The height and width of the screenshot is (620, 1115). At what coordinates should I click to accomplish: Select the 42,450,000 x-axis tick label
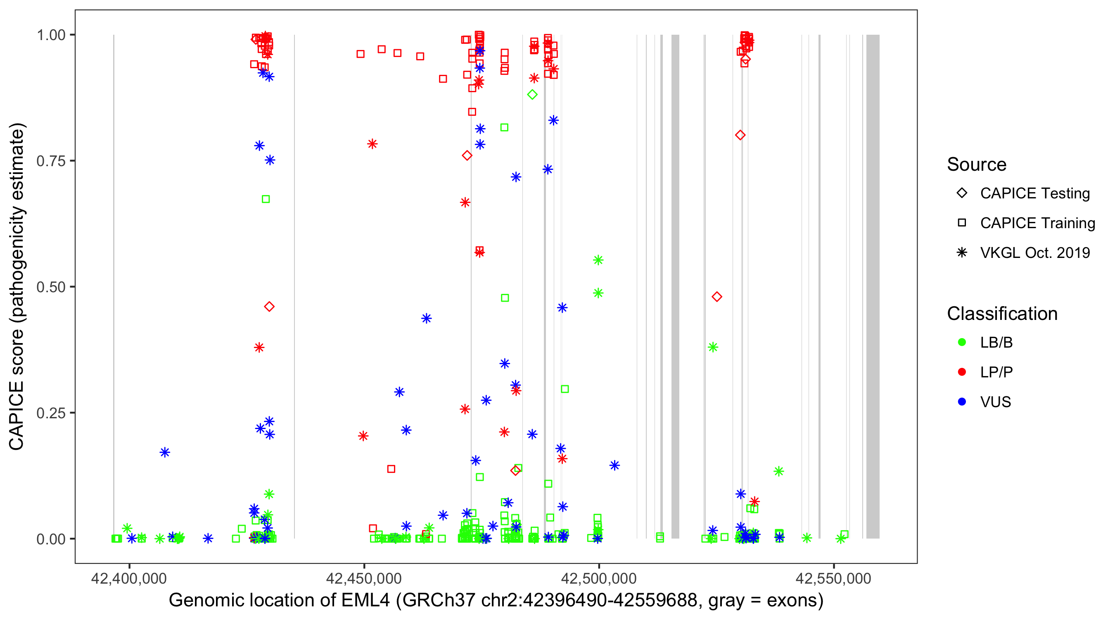pyautogui.click(x=363, y=578)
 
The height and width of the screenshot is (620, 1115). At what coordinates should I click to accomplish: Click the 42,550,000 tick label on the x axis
pyautogui.click(x=833, y=578)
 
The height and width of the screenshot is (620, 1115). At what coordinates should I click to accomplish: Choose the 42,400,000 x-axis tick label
pyautogui.click(x=129, y=578)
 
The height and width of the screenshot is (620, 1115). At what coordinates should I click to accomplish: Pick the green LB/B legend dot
pyautogui.click(x=962, y=342)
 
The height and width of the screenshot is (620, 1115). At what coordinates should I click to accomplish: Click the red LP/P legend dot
pyautogui.click(x=962, y=372)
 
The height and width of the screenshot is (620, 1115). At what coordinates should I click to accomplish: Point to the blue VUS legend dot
pyautogui.click(x=962, y=402)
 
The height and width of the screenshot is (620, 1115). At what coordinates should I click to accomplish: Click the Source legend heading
pyautogui.click(x=977, y=165)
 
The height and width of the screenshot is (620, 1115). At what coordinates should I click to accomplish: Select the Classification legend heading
pyautogui.click(x=1002, y=314)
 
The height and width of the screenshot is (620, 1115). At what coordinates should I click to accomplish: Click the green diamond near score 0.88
pyautogui.click(x=532, y=95)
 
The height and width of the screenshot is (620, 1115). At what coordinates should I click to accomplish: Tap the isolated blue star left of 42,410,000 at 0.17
pyautogui.click(x=165, y=452)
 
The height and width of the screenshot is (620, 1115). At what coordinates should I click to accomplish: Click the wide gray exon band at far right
pyautogui.click(x=873, y=286)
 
